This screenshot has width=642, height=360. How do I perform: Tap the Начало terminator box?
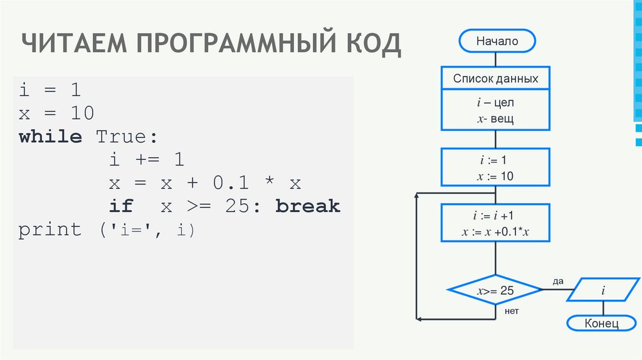click(x=497, y=41)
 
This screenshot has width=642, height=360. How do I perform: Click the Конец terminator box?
click(x=601, y=324)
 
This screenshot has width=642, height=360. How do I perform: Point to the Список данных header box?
click(x=495, y=79)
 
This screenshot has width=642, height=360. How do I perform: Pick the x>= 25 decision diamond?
click(x=495, y=291)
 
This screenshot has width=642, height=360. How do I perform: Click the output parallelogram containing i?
click(x=603, y=290)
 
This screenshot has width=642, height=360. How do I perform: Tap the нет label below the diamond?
click(x=512, y=310)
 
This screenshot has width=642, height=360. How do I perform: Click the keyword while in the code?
click(x=50, y=137)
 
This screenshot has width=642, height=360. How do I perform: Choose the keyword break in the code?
click(x=307, y=206)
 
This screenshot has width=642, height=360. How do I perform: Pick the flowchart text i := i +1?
click(x=495, y=217)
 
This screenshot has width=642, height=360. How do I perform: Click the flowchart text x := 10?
click(x=495, y=177)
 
